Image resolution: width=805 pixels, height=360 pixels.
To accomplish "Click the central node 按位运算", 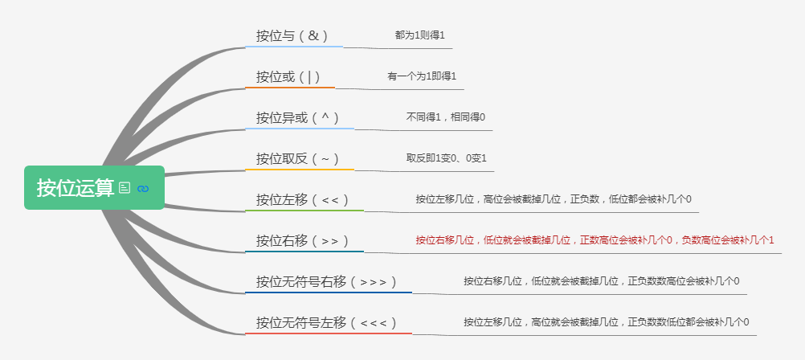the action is (76, 187).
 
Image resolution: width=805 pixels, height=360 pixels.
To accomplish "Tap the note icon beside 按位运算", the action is (125, 187).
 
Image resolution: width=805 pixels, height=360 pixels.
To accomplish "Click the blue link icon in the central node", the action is (144, 188).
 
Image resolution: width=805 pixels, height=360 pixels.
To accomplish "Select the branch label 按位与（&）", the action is (292, 36).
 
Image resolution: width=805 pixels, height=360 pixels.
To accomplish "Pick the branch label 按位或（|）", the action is (288, 77).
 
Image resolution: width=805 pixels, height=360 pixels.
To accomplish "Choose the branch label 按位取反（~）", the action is (298, 158).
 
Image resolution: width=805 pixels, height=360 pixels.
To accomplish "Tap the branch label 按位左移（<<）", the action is (303, 199).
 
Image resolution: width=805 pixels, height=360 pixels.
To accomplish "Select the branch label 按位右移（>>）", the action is (303, 240).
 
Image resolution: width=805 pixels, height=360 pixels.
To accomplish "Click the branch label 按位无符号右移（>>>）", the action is (327, 281).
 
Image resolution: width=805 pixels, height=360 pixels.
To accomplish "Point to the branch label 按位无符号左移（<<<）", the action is (327, 322).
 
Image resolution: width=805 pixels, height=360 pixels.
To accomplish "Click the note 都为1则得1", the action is (419, 36).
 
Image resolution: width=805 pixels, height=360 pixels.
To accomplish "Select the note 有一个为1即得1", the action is (422, 77).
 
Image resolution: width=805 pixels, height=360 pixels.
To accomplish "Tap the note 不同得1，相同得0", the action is (445, 117).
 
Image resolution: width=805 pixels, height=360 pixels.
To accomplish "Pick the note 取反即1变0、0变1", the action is (447, 158).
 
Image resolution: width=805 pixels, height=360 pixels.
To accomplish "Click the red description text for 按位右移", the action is (595, 239).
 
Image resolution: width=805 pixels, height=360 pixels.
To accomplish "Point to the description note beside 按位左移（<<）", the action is (554, 199).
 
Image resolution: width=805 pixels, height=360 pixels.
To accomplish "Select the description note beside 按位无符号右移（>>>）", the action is (601, 281).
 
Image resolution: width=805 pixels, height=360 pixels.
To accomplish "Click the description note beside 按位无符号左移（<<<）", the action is (606, 322).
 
